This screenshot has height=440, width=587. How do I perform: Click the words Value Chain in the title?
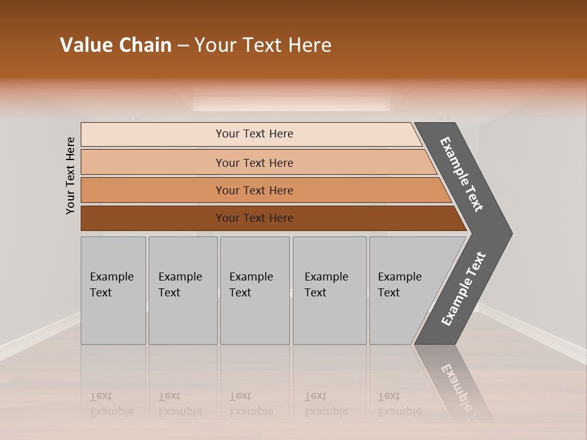(x=116, y=45)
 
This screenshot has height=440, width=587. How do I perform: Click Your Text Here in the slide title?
(x=263, y=45)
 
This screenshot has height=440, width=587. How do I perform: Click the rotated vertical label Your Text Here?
(x=70, y=175)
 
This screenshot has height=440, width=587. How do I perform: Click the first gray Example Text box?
(x=113, y=290)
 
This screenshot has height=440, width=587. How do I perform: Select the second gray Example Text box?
(x=183, y=290)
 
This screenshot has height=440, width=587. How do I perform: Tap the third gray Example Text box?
(x=254, y=290)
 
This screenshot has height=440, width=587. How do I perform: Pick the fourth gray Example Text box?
(x=330, y=290)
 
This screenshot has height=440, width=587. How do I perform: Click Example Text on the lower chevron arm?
(x=463, y=289)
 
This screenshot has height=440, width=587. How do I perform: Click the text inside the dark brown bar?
(x=254, y=218)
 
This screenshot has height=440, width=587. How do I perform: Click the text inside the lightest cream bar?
(x=254, y=134)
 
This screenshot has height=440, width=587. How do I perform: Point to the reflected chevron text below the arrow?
(x=456, y=385)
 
